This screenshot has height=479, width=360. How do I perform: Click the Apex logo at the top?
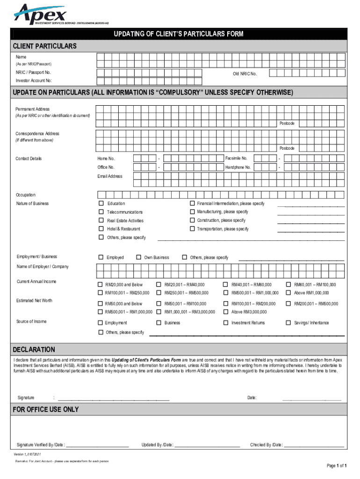pos(41,14)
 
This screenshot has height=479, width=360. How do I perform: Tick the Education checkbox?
pos(101,203)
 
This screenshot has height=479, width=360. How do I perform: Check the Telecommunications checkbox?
pos(101,212)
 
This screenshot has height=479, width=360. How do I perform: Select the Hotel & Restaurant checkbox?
pos(101,229)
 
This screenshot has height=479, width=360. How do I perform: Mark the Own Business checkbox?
pos(138,257)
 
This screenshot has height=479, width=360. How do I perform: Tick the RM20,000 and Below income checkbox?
pos(100,284)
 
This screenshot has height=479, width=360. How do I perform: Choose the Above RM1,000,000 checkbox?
pos(288,293)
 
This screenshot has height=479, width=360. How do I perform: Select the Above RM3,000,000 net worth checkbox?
pos(226,312)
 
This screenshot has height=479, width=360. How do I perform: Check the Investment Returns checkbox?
pos(226,323)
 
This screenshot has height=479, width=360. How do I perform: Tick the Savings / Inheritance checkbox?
pos(288,323)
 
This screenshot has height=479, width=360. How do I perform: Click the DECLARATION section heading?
pos(34,349)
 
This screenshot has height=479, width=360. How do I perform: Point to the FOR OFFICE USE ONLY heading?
pos(46,409)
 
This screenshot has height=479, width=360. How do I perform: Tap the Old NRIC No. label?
pos(245,74)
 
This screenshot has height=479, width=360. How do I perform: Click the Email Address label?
pos(110,176)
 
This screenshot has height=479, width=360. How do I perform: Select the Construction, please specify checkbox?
pos(192,220)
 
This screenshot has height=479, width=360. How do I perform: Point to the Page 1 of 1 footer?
pos(336,466)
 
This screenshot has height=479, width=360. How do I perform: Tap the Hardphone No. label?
pos(238,167)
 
